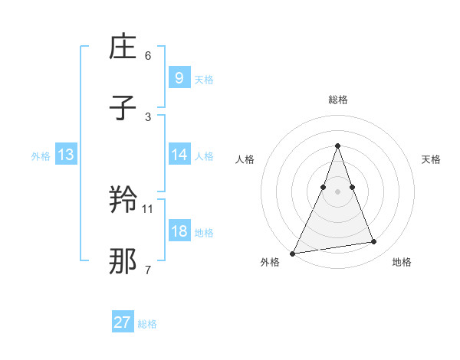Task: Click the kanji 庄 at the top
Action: pos(123,48)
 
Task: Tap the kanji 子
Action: pos(123,110)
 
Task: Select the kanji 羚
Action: pos(123,201)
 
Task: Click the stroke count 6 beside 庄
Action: pos(148,55)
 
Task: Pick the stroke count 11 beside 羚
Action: pos(148,208)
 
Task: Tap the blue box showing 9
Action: pos(179,77)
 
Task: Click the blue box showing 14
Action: pos(179,155)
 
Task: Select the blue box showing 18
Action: pos(179,231)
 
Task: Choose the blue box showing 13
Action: pos(65,155)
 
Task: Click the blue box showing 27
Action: pos(123,322)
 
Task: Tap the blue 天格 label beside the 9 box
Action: pos(204,79)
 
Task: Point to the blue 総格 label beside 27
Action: pos(147,324)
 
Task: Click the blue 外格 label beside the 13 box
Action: pos(41,156)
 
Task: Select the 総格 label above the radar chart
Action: pos(337,100)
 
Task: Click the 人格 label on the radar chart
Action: pos(245,159)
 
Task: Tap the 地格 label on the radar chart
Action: pos(402,262)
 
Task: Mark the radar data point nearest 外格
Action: pos(293,253)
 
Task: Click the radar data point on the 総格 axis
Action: pos(337,146)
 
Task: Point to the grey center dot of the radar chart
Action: pos(337,191)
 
